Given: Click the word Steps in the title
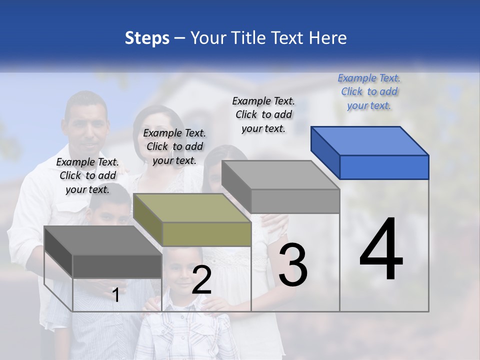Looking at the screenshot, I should tap(146, 38).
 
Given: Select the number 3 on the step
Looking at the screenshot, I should tap(293, 264).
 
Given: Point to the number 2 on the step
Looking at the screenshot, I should tap(201, 279).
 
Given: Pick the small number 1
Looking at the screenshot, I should tap(116, 295).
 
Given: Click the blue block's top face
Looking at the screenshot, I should tap(370, 140).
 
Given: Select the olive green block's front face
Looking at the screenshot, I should tap(206, 234).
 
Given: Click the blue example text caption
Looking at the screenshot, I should tap(369, 91).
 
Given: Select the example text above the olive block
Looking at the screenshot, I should tap(174, 146).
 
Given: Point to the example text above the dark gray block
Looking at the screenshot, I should tap(87, 175).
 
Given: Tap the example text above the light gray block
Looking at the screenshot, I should tap(263, 114).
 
